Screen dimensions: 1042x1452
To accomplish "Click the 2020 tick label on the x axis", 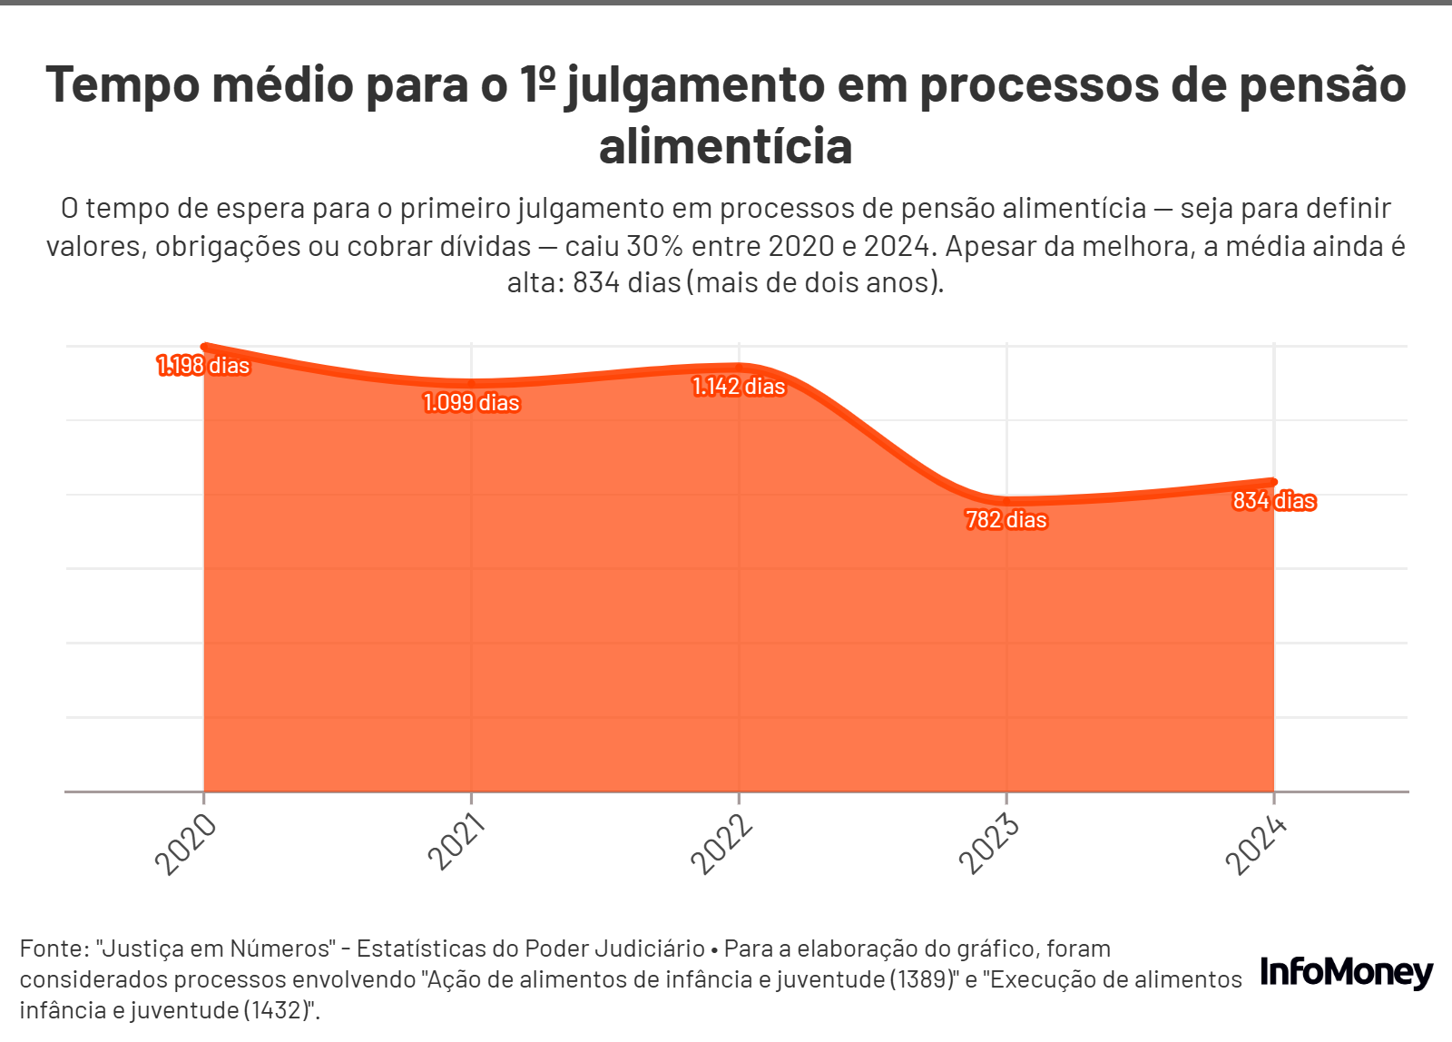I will (186, 844).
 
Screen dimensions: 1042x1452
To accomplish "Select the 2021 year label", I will (456, 842).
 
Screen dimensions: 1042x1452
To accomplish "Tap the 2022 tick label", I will (722, 844).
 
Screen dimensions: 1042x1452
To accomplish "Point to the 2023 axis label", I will (989, 844).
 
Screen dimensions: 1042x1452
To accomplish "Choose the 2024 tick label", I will (1257, 845).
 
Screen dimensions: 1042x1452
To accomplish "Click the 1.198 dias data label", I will (203, 366).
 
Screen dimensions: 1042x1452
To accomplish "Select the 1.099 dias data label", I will (471, 403).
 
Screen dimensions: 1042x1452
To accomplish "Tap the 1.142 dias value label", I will (739, 387).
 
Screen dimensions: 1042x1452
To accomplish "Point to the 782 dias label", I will (1006, 520).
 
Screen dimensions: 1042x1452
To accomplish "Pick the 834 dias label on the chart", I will (1273, 501).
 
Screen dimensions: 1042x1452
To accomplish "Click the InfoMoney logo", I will (1347, 973).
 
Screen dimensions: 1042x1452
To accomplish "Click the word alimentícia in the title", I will (726, 147).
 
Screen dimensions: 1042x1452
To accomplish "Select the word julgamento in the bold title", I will (695, 85).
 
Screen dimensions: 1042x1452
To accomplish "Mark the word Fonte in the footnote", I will (53, 949).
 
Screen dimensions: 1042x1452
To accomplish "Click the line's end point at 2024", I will (1273, 482).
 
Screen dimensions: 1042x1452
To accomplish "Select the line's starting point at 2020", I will (204, 346).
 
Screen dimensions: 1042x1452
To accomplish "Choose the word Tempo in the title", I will (123, 85).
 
